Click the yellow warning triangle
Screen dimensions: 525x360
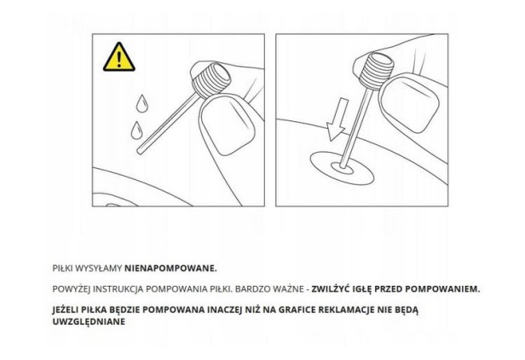point(118,57)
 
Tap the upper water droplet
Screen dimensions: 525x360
point(142,103)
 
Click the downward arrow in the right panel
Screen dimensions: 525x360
point(337,119)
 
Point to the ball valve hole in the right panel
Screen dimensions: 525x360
point(343,168)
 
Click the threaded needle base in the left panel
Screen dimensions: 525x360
point(211,79)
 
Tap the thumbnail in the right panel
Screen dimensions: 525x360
point(410,105)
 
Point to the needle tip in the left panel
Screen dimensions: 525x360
point(140,152)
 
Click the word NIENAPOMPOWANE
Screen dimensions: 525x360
point(170,269)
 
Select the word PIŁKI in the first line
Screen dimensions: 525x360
point(62,269)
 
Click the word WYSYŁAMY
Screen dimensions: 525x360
point(99,269)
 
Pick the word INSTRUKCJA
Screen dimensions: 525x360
point(118,289)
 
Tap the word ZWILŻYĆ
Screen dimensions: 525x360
point(332,289)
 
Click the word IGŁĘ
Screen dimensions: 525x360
point(362,289)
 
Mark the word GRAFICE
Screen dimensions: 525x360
point(297,310)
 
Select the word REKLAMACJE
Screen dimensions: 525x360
point(347,310)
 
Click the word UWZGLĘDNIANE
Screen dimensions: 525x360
point(89,322)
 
